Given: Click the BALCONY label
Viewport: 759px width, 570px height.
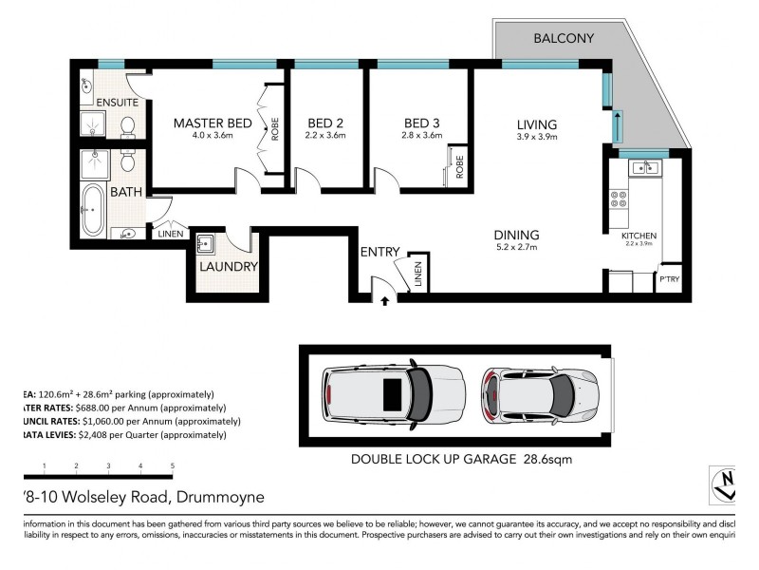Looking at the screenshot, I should click(564, 39).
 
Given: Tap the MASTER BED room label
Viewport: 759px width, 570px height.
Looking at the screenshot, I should click(212, 123).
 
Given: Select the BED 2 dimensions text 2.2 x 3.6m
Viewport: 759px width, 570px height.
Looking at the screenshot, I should click(326, 136).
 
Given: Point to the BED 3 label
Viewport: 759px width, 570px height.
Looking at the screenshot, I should click(421, 123).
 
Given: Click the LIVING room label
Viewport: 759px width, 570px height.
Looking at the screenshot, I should click(536, 123).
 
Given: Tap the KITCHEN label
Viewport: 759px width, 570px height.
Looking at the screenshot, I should click(639, 236).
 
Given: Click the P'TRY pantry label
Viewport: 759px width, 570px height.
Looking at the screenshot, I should click(670, 279).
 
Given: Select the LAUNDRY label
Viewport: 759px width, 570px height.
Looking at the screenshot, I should click(228, 267).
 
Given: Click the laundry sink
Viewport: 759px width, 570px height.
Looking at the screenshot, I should click(206, 244).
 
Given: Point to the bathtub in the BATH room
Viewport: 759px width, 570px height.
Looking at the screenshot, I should click(93, 210).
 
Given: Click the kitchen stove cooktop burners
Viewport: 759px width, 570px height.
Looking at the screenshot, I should click(618, 199).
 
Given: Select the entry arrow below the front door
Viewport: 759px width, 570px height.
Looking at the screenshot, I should click(384, 301).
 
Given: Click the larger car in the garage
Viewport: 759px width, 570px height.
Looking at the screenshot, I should click(393, 392).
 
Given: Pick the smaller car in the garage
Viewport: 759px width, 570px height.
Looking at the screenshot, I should click(539, 392).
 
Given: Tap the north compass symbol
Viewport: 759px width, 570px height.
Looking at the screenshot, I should click(723, 485).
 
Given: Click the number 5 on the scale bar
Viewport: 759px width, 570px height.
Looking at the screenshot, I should click(172, 465).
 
